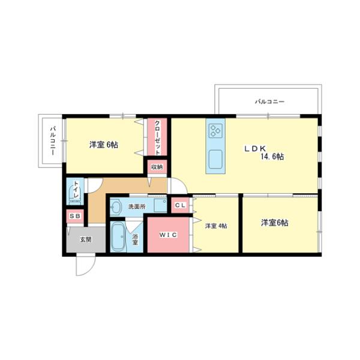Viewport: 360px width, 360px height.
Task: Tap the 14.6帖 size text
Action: click(272, 157)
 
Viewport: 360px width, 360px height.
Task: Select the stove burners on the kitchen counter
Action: click(216, 130)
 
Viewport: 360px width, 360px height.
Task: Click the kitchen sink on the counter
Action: click(216, 160)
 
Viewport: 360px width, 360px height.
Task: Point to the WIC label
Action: click(168, 235)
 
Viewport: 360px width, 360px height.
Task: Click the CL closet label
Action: click(181, 205)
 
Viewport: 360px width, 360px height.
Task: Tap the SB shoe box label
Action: click(74, 216)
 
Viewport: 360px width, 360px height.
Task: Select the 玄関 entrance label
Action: click(86, 239)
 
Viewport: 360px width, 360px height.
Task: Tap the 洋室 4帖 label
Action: click(216, 226)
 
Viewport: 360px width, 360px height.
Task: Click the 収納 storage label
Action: click(157, 167)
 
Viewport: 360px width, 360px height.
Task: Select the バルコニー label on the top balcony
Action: click(269, 102)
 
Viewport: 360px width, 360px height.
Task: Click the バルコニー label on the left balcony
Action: click(53, 141)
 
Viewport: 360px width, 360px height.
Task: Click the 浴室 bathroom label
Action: click(136, 239)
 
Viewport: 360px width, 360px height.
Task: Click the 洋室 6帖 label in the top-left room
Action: click(103, 145)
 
